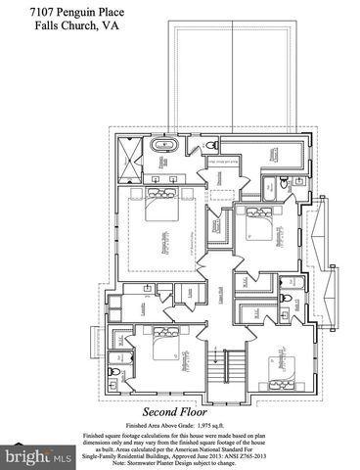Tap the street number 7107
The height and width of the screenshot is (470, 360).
(17, 9)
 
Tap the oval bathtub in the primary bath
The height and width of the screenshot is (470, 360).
(161, 147)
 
